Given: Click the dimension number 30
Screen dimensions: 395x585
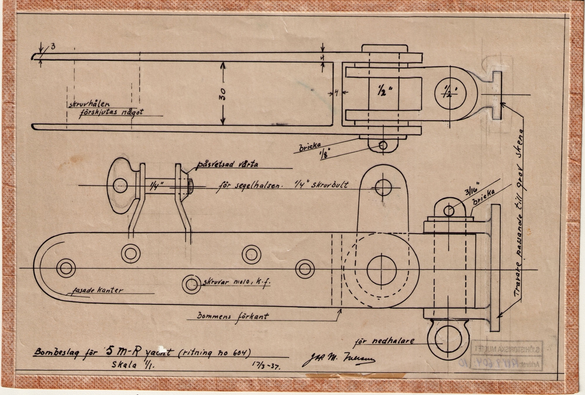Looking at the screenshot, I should coord(222,94).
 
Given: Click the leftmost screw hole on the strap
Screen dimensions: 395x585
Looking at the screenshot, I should coord(66,268).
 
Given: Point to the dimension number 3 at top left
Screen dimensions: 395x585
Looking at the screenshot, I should coord(53,46).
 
